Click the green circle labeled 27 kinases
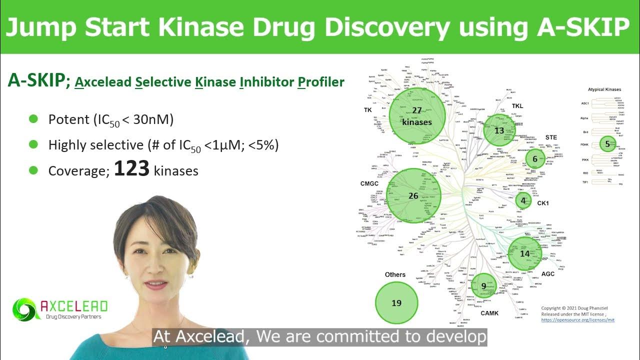(x=416, y=115)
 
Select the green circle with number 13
(x=499, y=130)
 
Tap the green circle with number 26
(x=413, y=195)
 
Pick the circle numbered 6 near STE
(x=535, y=159)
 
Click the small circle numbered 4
(x=523, y=201)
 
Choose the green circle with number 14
(x=524, y=253)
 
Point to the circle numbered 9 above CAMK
(x=484, y=286)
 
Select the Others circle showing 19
(x=396, y=303)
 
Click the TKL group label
(x=517, y=106)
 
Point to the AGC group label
(x=548, y=274)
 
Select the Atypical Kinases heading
(x=605, y=89)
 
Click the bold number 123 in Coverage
(x=131, y=169)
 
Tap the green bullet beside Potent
(x=33, y=119)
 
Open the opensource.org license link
(x=578, y=319)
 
